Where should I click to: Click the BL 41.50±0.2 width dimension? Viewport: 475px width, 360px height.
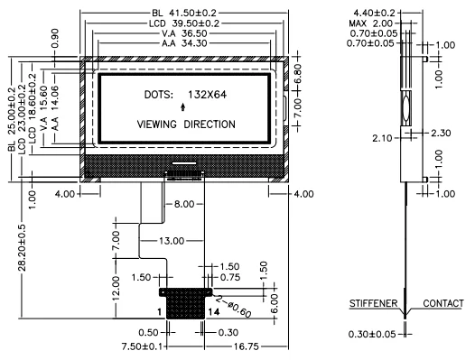[x=184, y=13]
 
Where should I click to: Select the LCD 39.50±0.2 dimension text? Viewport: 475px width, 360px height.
[x=184, y=23]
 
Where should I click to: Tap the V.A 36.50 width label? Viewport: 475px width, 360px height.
[x=184, y=33]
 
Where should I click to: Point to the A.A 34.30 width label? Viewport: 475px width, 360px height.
[x=184, y=43]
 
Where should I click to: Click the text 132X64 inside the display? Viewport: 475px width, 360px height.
[x=207, y=95]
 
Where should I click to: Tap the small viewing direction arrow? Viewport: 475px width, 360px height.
[x=182, y=106]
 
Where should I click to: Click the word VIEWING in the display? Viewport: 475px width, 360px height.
[x=156, y=125]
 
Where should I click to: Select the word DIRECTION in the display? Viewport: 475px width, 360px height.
[x=210, y=125]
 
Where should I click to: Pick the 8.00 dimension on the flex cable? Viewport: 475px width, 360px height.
[x=184, y=204]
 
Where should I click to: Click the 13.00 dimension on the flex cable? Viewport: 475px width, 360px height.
[x=172, y=241]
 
